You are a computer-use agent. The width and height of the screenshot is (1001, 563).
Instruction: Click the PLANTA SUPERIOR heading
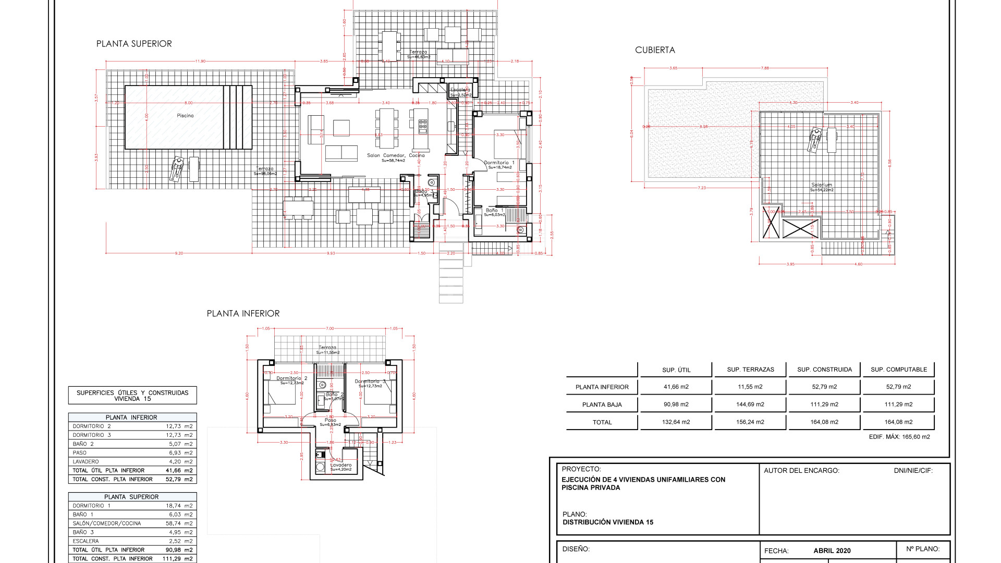(x=134, y=44)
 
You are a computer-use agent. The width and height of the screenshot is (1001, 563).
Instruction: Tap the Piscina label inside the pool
(x=185, y=116)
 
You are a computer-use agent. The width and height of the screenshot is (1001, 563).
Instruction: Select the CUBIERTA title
(x=655, y=50)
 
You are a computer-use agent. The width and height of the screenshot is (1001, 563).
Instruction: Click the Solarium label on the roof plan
(x=822, y=185)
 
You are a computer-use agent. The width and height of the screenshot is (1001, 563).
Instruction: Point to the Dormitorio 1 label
(x=499, y=163)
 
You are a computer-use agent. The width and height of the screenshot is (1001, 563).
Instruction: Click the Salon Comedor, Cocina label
(x=396, y=155)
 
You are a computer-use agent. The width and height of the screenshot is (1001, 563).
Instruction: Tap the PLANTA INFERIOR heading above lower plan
(x=243, y=313)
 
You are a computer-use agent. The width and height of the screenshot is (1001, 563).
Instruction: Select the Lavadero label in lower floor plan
(x=341, y=465)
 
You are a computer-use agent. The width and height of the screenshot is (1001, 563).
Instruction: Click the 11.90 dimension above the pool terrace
(x=200, y=61)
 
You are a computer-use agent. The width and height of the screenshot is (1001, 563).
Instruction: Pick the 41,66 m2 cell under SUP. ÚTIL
(x=676, y=387)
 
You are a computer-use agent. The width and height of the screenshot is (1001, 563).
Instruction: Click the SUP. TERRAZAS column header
(x=750, y=370)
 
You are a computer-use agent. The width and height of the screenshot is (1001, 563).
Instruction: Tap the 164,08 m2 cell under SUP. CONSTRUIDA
(x=824, y=422)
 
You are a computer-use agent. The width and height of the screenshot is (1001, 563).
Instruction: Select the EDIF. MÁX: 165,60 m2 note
(x=899, y=437)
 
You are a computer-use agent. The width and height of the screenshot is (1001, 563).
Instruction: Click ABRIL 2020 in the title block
(x=832, y=550)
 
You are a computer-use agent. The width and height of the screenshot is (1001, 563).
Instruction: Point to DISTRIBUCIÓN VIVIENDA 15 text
(x=608, y=522)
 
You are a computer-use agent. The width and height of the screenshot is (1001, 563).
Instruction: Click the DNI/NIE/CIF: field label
(x=913, y=470)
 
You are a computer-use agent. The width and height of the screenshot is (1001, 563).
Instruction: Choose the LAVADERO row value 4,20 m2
(x=180, y=462)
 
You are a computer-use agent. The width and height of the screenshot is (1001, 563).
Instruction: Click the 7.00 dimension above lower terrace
(x=329, y=328)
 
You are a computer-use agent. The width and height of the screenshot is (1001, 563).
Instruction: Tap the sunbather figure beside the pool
(x=177, y=169)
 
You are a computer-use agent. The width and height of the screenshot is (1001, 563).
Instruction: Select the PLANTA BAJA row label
(x=602, y=405)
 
